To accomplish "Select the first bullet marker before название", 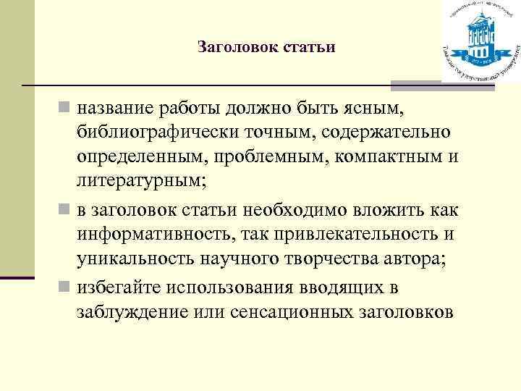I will point(65,109).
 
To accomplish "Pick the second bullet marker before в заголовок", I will point(65,211).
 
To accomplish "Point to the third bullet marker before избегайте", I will point(65,287).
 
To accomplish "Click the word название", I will point(114,109).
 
